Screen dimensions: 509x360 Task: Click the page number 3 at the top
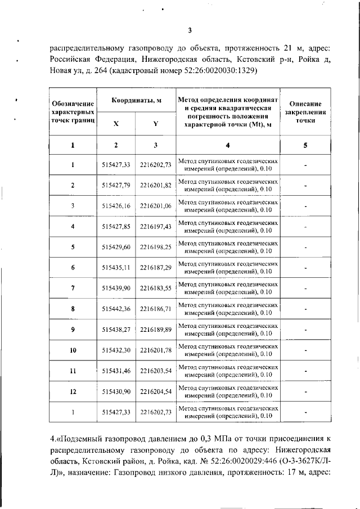pyautogui.click(x=190, y=30)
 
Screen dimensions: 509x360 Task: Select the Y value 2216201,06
pyautogui.click(x=155, y=206)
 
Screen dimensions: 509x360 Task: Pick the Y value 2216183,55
pyautogui.click(x=155, y=288)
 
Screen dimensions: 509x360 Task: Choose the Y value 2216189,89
pyautogui.click(x=155, y=330)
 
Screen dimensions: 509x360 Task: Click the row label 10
pyautogui.click(x=73, y=350)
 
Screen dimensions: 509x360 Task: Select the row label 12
pyautogui.click(x=73, y=391)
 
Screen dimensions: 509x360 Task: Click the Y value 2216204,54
pyautogui.click(x=155, y=391)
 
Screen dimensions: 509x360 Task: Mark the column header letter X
pyautogui.click(x=116, y=124)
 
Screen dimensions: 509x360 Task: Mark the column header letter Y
pyautogui.click(x=155, y=124)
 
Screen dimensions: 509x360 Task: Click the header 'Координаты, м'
pyautogui.click(x=136, y=100)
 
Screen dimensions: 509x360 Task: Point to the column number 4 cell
pyautogui.click(x=227, y=145)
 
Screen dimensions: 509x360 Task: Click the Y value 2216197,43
pyautogui.click(x=155, y=227)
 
